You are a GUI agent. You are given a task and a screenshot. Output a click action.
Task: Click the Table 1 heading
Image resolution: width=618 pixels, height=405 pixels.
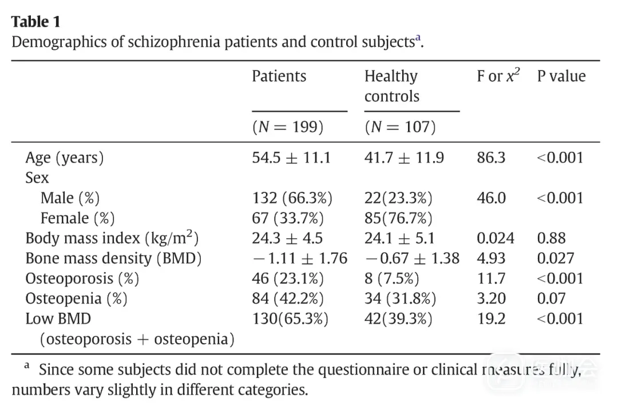click(35, 22)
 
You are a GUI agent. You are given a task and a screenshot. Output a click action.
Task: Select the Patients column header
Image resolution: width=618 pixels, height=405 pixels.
click(279, 76)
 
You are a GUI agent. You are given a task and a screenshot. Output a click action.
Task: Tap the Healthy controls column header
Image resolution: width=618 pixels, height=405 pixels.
click(391, 86)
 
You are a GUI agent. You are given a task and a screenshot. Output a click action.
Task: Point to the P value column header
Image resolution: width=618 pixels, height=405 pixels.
click(561, 76)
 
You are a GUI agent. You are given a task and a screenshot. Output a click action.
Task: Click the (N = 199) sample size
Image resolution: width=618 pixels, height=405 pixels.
click(288, 127)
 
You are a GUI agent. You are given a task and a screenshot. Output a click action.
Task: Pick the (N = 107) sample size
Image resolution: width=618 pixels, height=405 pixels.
click(400, 127)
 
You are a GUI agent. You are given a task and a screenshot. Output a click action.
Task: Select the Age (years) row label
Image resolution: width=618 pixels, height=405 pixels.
click(65, 158)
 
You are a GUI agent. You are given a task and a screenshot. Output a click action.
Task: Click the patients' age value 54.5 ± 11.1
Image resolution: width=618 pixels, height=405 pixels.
click(291, 158)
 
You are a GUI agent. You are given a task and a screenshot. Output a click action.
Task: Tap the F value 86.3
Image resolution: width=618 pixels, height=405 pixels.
click(491, 158)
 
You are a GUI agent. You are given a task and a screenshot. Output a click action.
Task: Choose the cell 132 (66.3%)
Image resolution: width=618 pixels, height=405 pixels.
click(292, 198)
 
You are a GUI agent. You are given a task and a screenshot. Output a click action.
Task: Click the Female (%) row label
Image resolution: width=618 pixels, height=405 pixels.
click(77, 218)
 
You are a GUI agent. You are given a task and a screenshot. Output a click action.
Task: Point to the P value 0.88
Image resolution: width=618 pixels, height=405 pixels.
click(551, 238)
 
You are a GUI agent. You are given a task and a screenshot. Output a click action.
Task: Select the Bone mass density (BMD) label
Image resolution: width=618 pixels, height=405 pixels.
click(113, 258)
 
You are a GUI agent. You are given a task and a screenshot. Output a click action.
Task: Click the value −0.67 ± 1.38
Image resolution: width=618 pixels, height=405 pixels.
click(411, 258)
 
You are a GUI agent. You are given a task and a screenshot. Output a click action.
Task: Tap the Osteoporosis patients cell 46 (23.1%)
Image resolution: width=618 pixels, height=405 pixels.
click(288, 279)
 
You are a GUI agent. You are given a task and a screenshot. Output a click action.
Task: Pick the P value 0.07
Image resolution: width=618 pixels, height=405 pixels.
click(551, 299)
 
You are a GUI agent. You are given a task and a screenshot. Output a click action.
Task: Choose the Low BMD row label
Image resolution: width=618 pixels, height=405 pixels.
click(58, 319)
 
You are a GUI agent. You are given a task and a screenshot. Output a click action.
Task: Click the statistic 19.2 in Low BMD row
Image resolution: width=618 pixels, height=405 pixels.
click(491, 319)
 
